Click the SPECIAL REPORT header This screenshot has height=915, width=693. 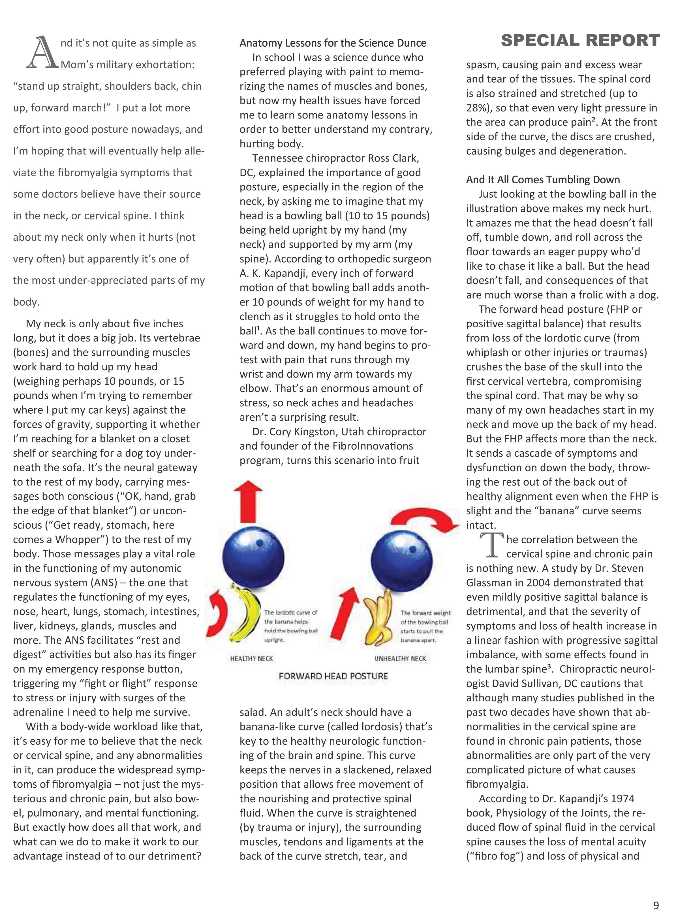coord(580,40)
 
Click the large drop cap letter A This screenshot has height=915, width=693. coord(42,53)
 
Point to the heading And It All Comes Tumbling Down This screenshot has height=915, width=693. coord(543,180)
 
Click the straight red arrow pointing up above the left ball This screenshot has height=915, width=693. coord(248,501)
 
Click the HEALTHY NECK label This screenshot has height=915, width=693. coord(251,659)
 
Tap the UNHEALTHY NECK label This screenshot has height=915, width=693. coord(400,659)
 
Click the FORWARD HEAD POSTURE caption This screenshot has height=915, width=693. coord(333,676)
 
